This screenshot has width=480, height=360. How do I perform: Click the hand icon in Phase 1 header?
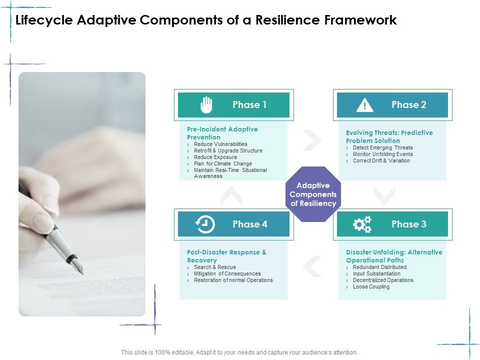click(x=206, y=105)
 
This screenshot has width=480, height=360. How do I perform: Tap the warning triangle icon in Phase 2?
click(x=365, y=105)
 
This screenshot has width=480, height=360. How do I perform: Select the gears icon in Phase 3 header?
click(x=362, y=224)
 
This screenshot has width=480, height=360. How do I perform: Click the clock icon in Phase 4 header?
click(x=205, y=224)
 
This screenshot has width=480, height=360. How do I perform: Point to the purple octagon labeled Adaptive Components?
click(x=313, y=194)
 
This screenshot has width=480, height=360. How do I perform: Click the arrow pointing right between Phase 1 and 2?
click(x=312, y=140)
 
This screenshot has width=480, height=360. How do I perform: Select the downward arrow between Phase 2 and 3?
click(x=384, y=195)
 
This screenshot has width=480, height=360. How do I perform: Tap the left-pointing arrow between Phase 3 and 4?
click(x=312, y=266)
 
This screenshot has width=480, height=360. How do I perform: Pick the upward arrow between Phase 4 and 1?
click(x=231, y=195)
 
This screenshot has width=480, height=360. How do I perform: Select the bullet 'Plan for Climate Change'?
click(x=222, y=163)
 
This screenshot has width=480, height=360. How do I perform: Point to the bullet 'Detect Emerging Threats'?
click(x=382, y=147)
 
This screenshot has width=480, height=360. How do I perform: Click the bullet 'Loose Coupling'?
click(x=371, y=286)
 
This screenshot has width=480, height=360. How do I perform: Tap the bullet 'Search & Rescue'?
click(x=214, y=267)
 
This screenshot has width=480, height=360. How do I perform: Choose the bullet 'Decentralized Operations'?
click(x=383, y=280)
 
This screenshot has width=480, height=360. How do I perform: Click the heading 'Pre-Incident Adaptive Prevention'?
click(x=222, y=133)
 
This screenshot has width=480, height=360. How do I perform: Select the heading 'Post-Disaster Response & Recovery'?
click(x=226, y=256)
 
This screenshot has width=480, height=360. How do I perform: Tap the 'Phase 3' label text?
click(x=409, y=224)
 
